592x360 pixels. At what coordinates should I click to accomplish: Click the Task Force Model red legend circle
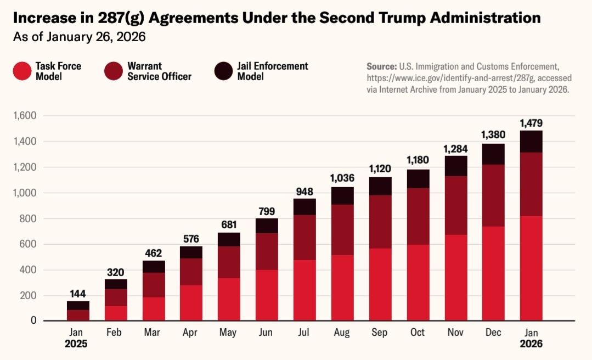[22, 71]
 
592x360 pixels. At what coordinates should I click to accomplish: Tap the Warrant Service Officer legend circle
[114, 71]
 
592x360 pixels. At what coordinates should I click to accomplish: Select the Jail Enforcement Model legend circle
[224, 71]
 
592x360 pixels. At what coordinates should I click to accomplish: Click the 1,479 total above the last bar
[531, 123]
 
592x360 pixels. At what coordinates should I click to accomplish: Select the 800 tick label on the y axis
[27, 218]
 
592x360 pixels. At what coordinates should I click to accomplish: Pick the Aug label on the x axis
[341, 333]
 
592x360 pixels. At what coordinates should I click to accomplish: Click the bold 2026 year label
[531, 344]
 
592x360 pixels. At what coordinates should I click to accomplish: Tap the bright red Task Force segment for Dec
[493, 273]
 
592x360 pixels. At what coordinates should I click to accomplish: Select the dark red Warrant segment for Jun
[266, 251]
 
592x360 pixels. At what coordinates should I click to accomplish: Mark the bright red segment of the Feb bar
[115, 313]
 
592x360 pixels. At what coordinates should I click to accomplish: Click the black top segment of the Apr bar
[191, 252]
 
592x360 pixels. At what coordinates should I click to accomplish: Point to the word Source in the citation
[381, 66]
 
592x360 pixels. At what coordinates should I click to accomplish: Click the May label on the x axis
[228, 333]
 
